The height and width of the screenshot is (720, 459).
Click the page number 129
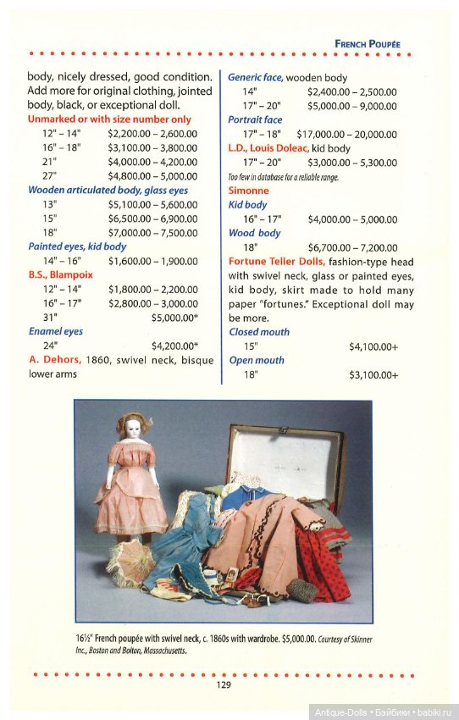click(224, 684)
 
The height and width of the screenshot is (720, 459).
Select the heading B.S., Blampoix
click(60, 274)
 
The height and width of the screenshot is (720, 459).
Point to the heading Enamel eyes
click(55, 331)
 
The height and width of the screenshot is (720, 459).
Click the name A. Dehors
click(55, 359)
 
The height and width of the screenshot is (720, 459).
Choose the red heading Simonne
click(248, 191)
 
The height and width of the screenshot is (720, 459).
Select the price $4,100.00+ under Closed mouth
click(373, 346)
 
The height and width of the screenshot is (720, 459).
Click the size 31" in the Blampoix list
click(50, 318)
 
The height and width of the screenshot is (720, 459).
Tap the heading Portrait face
click(255, 120)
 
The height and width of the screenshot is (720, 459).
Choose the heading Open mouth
click(257, 360)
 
